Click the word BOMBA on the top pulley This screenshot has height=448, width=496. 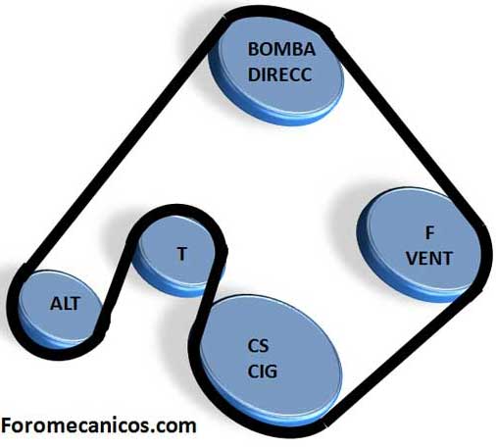point(281,49)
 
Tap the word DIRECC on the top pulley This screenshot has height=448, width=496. point(280,75)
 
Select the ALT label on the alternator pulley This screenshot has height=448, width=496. point(65,304)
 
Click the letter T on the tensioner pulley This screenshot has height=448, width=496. point(182,254)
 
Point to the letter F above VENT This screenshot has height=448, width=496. point(429,233)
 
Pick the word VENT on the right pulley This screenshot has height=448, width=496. point(429,258)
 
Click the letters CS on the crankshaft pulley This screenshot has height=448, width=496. point(258,346)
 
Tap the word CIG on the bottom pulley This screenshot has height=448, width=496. point(262,372)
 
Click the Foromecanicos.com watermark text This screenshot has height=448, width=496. point(98,425)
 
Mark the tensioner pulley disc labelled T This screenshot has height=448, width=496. point(178,255)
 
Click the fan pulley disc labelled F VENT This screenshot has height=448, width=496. point(420,245)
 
